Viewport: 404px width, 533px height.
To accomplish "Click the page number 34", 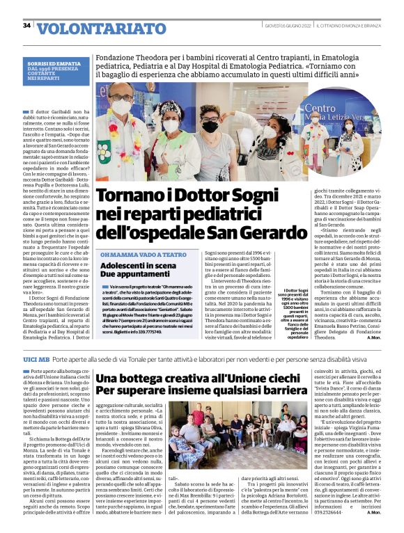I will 27,25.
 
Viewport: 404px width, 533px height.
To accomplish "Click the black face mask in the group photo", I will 210,127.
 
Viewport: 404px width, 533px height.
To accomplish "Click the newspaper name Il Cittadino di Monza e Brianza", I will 359,25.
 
